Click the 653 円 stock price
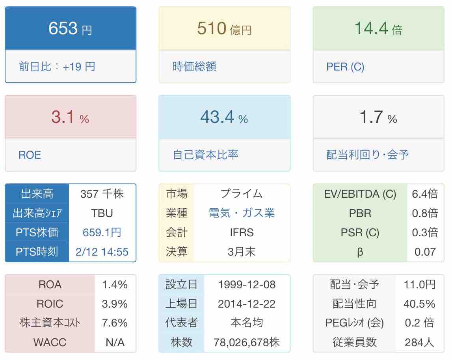pyautogui.click(x=70, y=29)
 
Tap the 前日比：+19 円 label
pyautogui.click(x=57, y=66)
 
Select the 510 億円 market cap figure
pyautogui.click(x=224, y=29)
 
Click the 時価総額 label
pyautogui.click(x=194, y=66)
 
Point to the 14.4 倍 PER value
pyautogui.click(x=378, y=29)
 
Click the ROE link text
pyautogui.click(x=30, y=155)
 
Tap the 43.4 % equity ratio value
pyautogui.click(x=224, y=117)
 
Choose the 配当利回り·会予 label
pyautogui.click(x=367, y=155)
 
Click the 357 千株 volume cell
pyautogui.click(x=102, y=194)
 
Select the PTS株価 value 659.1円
pyautogui.click(x=102, y=232)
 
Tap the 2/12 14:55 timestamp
pyautogui.click(x=102, y=252)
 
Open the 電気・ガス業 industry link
pyautogui.click(x=242, y=213)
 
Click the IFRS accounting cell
pyautogui.click(x=242, y=232)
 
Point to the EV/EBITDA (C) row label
pyautogui.click(x=360, y=194)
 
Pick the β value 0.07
pyautogui.click(x=425, y=252)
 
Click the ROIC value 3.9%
pyautogui.click(x=115, y=304)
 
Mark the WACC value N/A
pyautogui.click(x=115, y=342)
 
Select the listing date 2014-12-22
pyautogui.click(x=247, y=304)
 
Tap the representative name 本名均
pyautogui.click(x=247, y=323)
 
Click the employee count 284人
pyautogui.click(x=419, y=342)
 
